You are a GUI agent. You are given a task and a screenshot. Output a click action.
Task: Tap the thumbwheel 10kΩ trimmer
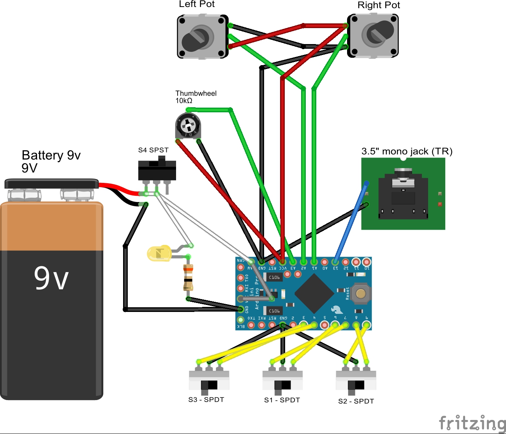point(188,126)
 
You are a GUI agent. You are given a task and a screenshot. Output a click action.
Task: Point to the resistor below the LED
point(188,277)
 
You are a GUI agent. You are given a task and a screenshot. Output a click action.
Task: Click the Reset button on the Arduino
point(360,294)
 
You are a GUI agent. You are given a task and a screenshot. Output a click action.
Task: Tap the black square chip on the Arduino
point(314,293)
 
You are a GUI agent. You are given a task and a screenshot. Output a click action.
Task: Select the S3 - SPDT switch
point(209,380)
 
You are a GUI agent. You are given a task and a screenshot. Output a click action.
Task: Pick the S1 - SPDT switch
point(282,380)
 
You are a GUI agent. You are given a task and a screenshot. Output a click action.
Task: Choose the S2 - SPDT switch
point(356,380)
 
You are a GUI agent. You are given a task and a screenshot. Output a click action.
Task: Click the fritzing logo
point(472,423)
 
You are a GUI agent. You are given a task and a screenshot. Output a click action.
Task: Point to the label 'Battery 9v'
point(51,155)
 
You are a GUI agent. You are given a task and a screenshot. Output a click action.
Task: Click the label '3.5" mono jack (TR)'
point(407,151)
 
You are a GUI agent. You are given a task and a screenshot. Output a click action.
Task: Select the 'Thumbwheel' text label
point(196,93)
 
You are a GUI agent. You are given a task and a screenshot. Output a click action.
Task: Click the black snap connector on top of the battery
point(51,184)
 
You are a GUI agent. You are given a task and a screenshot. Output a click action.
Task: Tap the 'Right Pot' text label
point(379,5)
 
